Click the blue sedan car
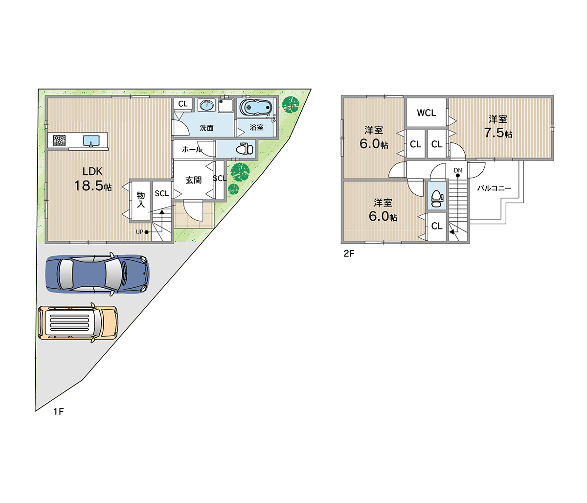(97, 274)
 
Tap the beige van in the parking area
(77, 322)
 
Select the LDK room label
(92, 171)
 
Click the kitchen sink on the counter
(91, 140)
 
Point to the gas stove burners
(59, 140)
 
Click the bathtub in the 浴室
(256, 107)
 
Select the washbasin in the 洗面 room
(206, 105)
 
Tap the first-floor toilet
(245, 149)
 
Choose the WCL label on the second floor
(426, 113)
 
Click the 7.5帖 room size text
(498, 133)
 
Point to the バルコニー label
(494, 188)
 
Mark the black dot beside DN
(458, 176)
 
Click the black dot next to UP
(147, 232)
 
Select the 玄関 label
(193, 180)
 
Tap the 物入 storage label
(141, 199)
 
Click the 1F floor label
(59, 412)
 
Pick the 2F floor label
(349, 253)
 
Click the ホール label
(192, 149)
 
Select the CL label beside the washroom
(183, 104)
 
